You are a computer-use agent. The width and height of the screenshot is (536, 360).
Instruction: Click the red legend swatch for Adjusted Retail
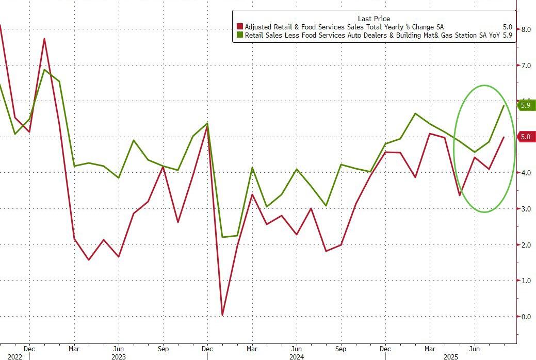click(x=239, y=26)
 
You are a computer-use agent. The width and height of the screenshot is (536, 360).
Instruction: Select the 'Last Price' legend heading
click(x=373, y=19)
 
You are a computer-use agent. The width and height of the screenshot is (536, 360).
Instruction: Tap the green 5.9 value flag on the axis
click(x=526, y=105)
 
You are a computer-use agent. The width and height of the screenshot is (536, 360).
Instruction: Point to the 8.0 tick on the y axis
click(x=526, y=29)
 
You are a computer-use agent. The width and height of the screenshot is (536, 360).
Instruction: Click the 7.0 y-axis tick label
click(x=526, y=66)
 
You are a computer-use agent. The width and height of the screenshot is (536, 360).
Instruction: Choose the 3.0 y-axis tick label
click(x=526, y=209)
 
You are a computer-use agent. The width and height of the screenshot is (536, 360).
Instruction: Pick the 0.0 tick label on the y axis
click(x=526, y=317)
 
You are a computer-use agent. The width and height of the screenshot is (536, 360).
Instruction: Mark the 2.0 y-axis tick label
click(x=526, y=245)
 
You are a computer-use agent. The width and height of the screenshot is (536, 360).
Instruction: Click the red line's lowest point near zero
click(x=222, y=315)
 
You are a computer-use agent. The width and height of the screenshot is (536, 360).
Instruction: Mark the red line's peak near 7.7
click(x=44, y=39)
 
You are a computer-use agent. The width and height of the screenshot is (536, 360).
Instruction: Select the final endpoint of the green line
click(x=504, y=105)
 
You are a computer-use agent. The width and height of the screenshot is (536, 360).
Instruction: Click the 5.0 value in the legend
click(x=508, y=26)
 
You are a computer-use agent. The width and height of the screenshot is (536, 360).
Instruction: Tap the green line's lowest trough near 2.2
click(x=222, y=237)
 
